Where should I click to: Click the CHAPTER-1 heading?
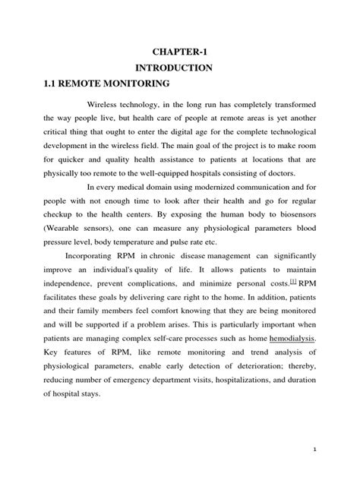pos(179,51)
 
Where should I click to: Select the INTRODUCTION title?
pos(179,67)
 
